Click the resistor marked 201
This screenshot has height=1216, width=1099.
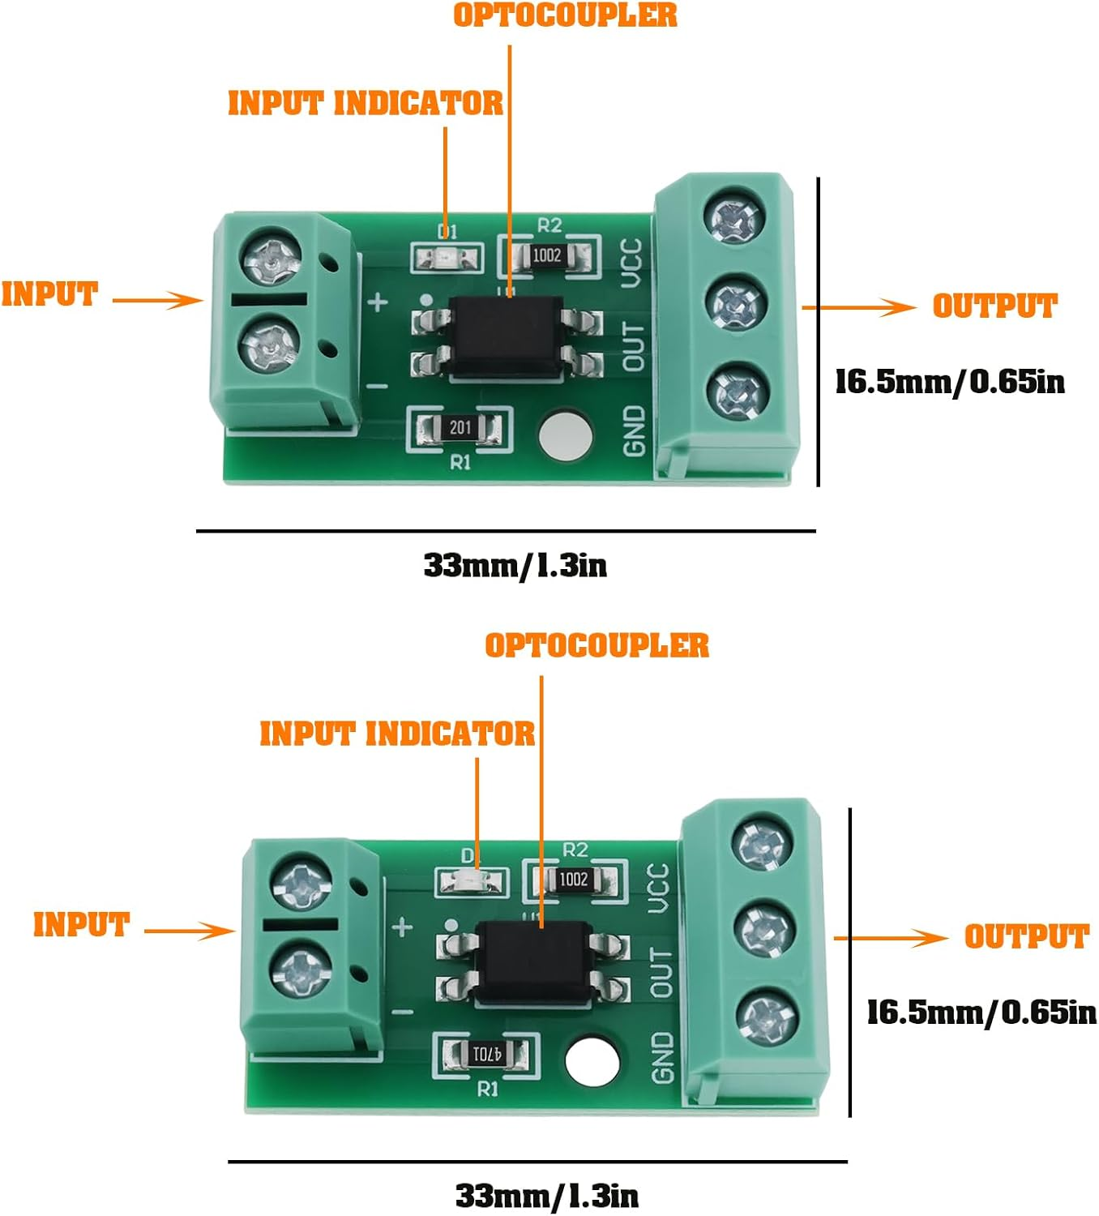click(460, 427)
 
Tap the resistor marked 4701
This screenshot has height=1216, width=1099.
click(487, 1055)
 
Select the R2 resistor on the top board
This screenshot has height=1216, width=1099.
click(547, 255)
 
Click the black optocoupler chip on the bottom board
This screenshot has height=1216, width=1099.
click(533, 962)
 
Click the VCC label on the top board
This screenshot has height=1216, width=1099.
click(631, 263)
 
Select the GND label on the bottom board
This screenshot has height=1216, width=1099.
click(662, 1057)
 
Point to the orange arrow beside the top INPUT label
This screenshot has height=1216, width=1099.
click(157, 301)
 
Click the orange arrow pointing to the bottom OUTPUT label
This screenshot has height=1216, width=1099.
click(892, 939)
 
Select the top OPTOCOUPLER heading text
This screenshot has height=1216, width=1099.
click(565, 15)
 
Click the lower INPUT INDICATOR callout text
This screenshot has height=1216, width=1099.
click(397, 734)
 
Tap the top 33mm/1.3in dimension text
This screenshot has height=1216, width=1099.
click(515, 565)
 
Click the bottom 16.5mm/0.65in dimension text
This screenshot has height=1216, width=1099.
click(981, 1012)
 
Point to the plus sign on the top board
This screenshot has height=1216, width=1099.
click(378, 302)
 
